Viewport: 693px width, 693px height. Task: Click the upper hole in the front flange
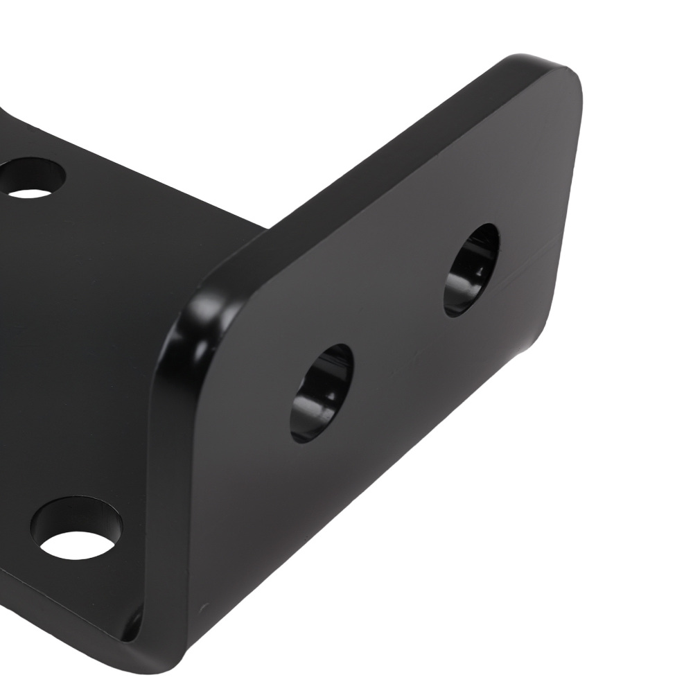coord(471,270)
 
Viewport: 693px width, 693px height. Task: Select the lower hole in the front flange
coord(322,392)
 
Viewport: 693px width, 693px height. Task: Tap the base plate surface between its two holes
coord(69,346)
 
